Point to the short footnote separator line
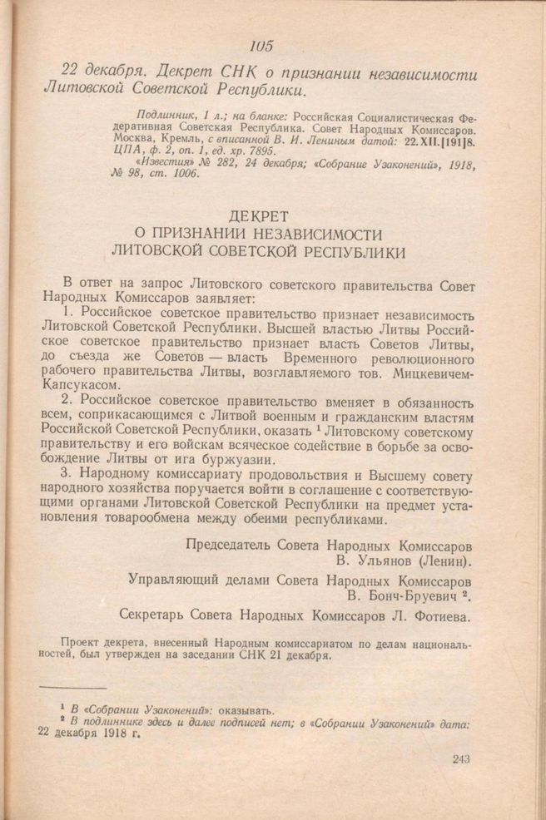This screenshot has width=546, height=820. [x=73, y=688]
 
